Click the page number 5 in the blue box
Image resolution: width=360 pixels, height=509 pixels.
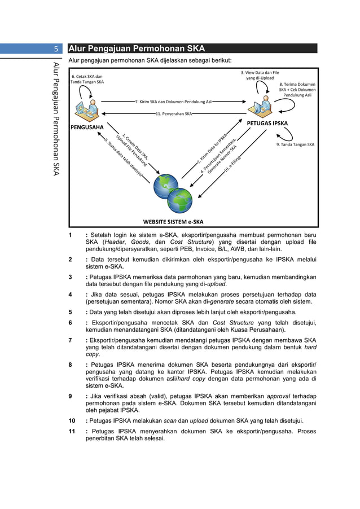tap(56, 49)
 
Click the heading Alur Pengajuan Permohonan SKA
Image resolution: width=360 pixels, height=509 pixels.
tap(137, 49)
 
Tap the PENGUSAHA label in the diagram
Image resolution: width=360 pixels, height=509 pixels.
tap(87, 127)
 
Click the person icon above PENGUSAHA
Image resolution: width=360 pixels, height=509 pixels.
tap(87, 107)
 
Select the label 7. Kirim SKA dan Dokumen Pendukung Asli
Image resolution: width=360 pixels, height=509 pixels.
tap(174, 102)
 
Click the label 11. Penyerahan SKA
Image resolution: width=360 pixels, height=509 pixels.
tap(174, 113)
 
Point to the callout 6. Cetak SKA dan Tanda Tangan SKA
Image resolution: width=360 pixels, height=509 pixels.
tap(87, 79)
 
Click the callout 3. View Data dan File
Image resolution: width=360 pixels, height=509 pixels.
tap(260, 75)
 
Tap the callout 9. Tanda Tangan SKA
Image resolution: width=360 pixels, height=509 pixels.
tap(295, 144)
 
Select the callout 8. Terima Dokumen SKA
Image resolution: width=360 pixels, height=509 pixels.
tap(297, 90)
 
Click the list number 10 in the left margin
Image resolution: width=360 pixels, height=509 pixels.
tap(72, 421)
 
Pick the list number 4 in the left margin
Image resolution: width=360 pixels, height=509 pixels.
tap(70, 295)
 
